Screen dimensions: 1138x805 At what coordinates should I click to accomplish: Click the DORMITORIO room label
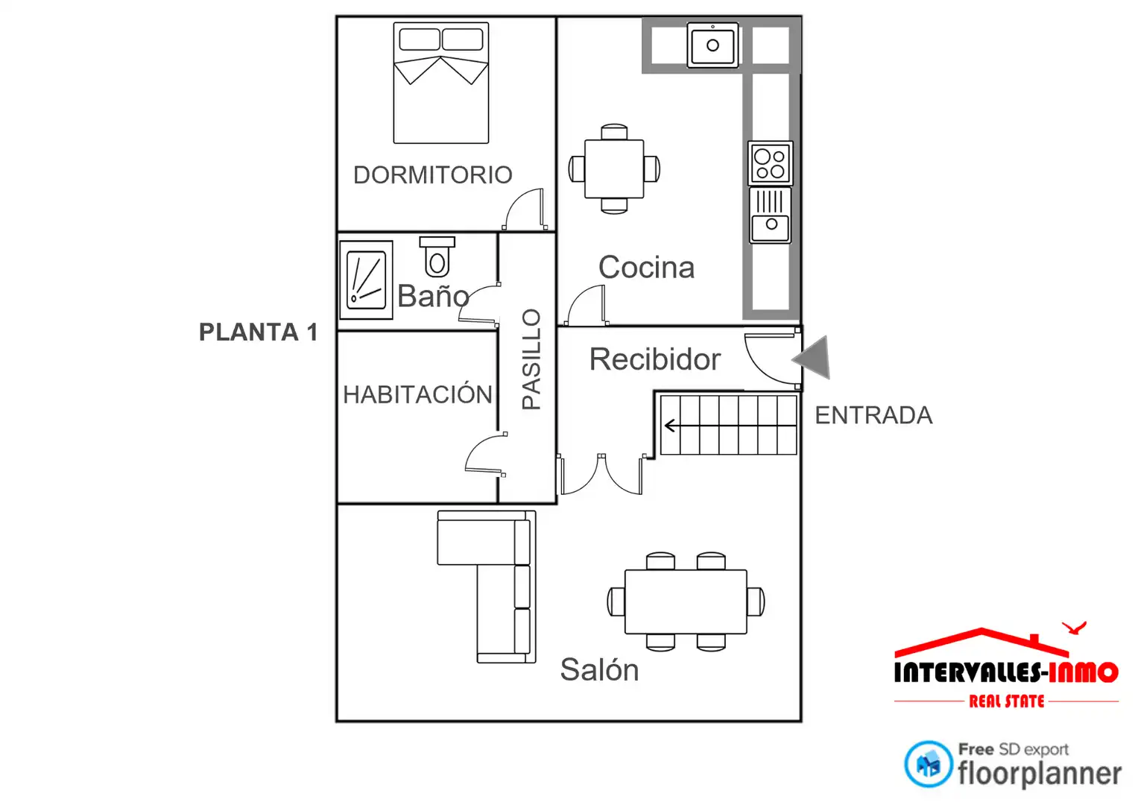click(433, 175)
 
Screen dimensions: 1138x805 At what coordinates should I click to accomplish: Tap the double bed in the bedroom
click(441, 83)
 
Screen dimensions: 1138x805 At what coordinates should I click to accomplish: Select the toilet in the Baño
click(437, 256)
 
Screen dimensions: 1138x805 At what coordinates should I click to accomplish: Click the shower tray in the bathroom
click(367, 280)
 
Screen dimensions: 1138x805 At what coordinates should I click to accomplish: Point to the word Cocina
click(646, 268)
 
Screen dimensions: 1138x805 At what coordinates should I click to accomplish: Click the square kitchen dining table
click(614, 168)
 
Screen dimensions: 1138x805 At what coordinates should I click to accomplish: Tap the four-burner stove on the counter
click(770, 163)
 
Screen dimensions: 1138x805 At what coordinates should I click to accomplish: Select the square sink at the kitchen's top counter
click(712, 45)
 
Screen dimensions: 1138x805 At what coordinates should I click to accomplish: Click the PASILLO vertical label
click(531, 359)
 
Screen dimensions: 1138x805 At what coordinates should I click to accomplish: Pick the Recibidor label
click(655, 359)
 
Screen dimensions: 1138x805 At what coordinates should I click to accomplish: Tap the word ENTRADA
click(874, 416)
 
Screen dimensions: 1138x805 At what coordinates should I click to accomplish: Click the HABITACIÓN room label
click(417, 394)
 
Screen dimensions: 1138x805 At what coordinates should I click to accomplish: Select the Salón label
click(599, 670)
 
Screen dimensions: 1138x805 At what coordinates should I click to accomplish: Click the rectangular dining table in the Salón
click(686, 602)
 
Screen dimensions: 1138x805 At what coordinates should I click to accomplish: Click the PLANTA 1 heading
click(259, 332)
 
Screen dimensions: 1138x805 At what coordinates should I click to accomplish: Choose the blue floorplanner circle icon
click(928, 765)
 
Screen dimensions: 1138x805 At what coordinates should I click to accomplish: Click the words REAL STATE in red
click(1006, 702)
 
